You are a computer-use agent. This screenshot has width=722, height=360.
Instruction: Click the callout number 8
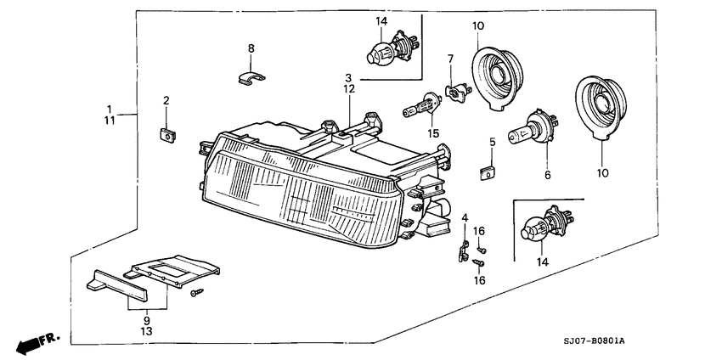pos(251,49)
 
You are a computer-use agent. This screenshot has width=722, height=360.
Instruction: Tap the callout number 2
pos(166,101)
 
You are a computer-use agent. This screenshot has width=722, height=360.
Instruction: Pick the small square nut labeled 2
pos(166,133)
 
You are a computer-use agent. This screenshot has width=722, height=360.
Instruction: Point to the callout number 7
pos(451,59)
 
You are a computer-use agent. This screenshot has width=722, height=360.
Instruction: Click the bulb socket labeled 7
pos(456,89)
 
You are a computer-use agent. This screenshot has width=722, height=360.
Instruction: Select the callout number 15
pos(433,133)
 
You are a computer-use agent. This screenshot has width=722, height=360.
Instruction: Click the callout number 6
pos(548,175)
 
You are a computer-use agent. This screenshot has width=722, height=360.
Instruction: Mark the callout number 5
pos(492,142)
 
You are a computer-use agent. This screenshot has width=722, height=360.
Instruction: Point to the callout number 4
pos(465,218)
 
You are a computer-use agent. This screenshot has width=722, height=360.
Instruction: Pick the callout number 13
pos(145,332)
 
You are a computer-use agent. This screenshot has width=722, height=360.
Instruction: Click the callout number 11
pos(109,122)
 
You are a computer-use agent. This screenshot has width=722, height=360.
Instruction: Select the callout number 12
pos(348,88)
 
